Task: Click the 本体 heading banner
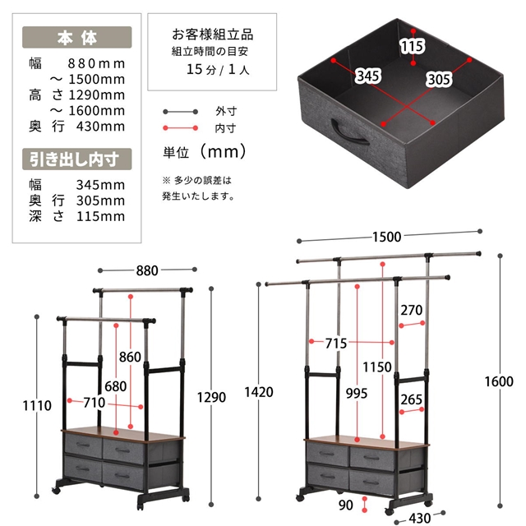point(76,37)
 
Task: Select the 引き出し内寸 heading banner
point(76,159)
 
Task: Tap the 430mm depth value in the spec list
point(100,127)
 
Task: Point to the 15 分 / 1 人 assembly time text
point(218,69)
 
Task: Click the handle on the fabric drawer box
point(349,131)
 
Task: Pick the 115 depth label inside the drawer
point(413,46)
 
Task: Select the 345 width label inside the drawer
point(368,76)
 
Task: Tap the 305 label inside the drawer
point(439,80)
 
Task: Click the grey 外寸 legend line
point(181,112)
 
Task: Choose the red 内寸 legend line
point(181,128)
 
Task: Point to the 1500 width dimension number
point(387,237)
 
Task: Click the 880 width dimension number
point(147,270)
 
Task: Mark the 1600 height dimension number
point(499,381)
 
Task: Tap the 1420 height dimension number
point(259,392)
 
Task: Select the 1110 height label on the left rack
point(37,405)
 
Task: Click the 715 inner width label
point(336,344)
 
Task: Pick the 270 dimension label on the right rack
point(411,310)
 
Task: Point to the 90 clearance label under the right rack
point(345,505)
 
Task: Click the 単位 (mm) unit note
point(205,152)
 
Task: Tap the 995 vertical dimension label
point(357,393)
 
